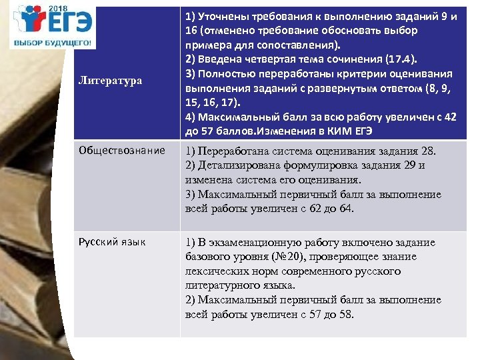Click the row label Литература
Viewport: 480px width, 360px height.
[x=110, y=80]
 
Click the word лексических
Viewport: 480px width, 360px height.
[x=216, y=272]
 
